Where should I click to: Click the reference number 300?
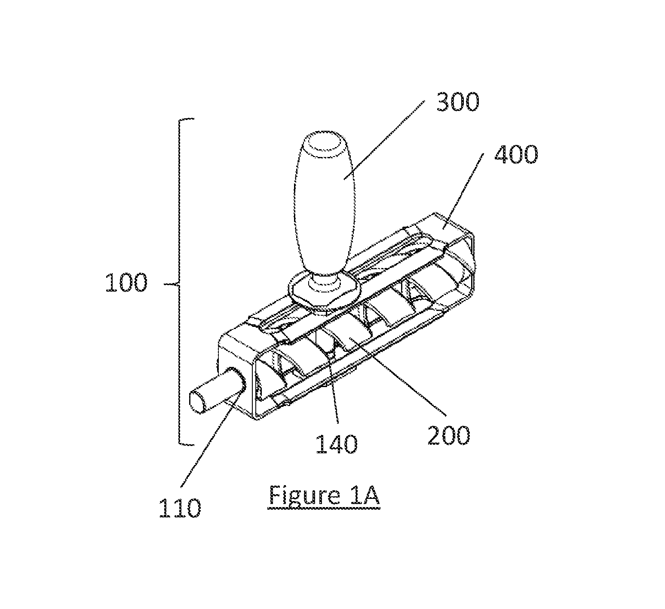(x=457, y=102)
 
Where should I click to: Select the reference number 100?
(x=126, y=283)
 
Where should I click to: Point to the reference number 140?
(x=337, y=444)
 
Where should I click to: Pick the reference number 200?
(x=448, y=435)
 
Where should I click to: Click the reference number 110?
(x=180, y=508)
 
